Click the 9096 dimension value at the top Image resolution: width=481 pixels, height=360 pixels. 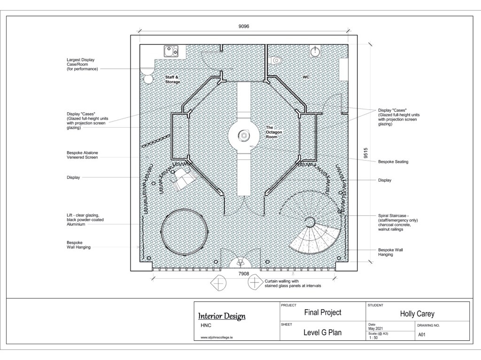(x=244, y=26)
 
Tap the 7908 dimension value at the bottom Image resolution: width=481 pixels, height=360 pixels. (x=244, y=274)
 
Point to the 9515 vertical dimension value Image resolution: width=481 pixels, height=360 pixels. (x=365, y=153)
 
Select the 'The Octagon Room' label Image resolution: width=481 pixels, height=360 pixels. (x=274, y=132)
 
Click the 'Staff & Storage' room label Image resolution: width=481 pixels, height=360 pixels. (x=172, y=79)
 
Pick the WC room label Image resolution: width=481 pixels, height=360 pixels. (x=306, y=77)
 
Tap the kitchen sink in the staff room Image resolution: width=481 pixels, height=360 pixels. (x=171, y=51)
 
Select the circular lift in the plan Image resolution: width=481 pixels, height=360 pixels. (x=185, y=231)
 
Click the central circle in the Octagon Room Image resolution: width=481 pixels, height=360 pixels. (x=244, y=135)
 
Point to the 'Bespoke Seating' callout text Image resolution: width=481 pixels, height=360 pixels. (x=393, y=161)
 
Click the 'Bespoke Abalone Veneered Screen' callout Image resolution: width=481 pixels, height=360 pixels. (x=82, y=155)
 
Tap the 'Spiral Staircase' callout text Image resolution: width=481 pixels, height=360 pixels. (x=398, y=222)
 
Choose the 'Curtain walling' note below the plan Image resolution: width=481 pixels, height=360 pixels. (x=293, y=283)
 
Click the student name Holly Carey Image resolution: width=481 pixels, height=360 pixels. (x=417, y=314)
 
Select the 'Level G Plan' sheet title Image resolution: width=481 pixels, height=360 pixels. (x=322, y=332)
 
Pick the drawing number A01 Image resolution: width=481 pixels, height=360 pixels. (x=422, y=335)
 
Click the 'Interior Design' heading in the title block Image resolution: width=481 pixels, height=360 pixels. (x=222, y=316)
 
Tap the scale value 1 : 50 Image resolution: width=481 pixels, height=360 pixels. (x=373, y=337)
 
